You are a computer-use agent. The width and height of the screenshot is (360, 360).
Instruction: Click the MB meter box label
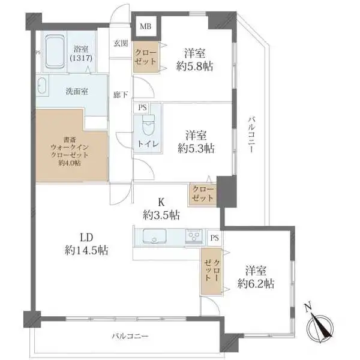(x=146, y=26)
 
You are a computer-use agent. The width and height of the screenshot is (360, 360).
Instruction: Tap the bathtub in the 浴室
(x=55, y=52)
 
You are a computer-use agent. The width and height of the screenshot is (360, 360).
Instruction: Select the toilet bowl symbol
(x=148, y=126)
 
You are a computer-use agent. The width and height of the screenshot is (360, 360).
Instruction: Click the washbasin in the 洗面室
(x=42, y=86)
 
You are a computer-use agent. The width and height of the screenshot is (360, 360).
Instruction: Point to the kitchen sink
(x=155, y=236)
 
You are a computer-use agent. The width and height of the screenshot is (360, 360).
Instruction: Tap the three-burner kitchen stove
(x=194, y=236)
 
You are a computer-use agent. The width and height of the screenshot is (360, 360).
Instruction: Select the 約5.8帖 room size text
(x=194, y=67)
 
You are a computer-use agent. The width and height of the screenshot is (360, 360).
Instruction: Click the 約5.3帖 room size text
(x=196, y=149)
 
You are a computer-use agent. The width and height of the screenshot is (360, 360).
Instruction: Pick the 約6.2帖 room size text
(x=256, y=284)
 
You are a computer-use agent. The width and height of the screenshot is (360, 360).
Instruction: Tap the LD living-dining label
(x=86, y=238)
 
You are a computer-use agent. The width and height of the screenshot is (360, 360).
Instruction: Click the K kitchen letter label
(x=161, y=203)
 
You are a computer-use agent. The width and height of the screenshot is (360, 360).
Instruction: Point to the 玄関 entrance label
(x=121, y=43)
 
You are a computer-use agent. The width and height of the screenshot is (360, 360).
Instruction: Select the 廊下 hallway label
(x=121, y=94)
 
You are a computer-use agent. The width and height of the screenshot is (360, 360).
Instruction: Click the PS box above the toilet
(x=142, y=107)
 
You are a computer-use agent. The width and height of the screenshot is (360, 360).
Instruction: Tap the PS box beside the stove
(x=214, y=238)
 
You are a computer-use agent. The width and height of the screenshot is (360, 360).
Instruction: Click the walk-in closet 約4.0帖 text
(x=69, y=163)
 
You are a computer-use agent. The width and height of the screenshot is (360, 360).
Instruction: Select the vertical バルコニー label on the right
(x=251, y=134)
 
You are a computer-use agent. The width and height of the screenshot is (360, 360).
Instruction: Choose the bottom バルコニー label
(x=130, y=336)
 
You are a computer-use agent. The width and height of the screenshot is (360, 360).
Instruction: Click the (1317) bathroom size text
(x=81, y=58)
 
